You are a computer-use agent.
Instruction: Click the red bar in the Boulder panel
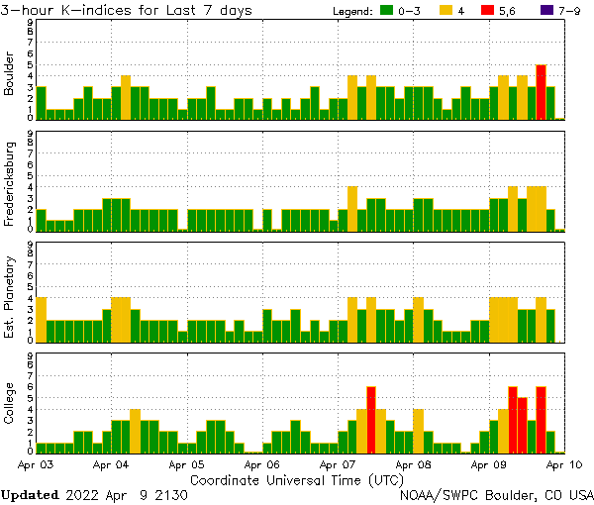click(542, 92)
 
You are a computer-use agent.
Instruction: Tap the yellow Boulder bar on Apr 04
click(126, 97)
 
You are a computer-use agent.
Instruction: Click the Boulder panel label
click(10, 73)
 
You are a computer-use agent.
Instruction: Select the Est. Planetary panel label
click(10, 296)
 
